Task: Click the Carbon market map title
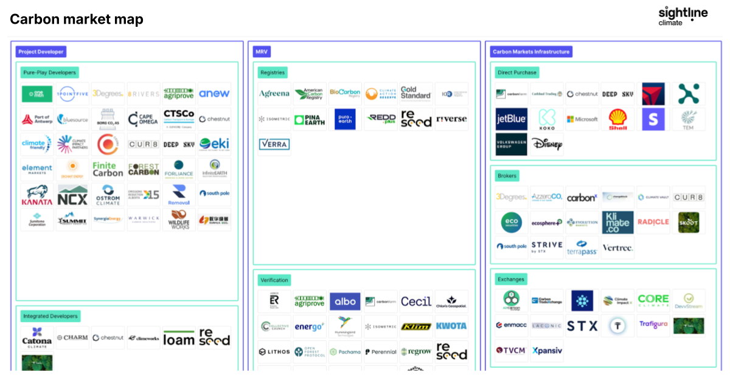click(x=77, y=19)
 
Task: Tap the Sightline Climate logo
click(x=683, y=16)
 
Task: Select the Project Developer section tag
click(x=41, y=52)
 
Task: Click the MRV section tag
click(x=262, y=52)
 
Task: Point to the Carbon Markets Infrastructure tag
click(x=531, y=52)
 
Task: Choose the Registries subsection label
click(x=272, y=72)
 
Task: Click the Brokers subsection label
click(x=507, y=176)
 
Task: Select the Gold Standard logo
click(x=416, y=93)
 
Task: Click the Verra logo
click(x=274, y=144)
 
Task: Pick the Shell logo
click(x=618, y=119)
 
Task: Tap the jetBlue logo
click(x=511, y=119)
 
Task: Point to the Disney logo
click(x=547, y=144)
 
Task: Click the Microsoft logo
click(x=582, y=119)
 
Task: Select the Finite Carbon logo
click(x=108, y=169)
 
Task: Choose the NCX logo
click(x=73, y=195)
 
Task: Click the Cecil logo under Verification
click(x=416, y=302)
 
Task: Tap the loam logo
click(x=179, y=339)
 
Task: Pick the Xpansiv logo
click(x=547, y=351)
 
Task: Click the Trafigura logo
click(x=653, y=325)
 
